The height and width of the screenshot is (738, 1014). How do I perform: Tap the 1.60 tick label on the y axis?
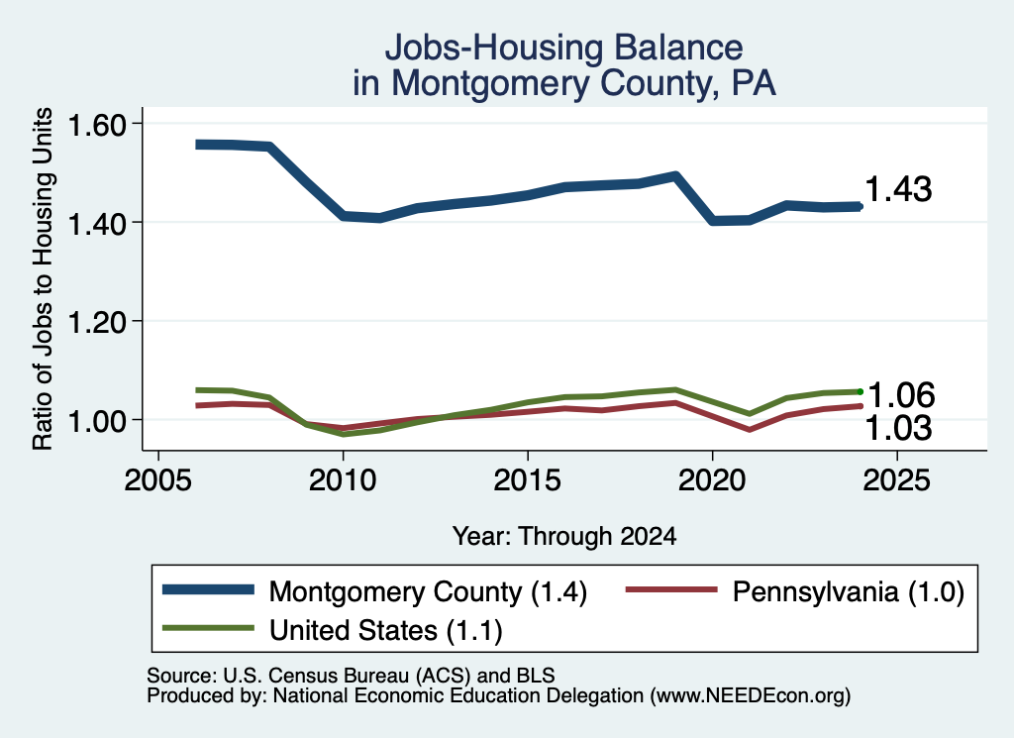[97, 125]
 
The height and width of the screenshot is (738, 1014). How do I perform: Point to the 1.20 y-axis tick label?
[97, 322]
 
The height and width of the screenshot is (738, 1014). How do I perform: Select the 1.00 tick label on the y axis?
[97, 421]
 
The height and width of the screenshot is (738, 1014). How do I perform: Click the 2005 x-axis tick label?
[158, 480]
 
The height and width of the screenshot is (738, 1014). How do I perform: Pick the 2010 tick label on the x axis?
[343, 480]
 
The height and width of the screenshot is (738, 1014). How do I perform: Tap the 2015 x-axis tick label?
[528, 480]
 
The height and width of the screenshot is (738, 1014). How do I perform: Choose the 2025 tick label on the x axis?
[897, 480]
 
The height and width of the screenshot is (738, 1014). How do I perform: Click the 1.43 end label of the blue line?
[898, 189]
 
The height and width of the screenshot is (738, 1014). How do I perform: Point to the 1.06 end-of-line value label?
[901, 395]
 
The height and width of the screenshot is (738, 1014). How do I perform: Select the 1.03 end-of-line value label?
[898, 428]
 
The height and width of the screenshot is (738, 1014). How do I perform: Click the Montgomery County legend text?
[428, 592]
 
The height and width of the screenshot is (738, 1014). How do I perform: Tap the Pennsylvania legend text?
[849, 592]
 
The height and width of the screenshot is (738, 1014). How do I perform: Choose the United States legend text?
[386, 631]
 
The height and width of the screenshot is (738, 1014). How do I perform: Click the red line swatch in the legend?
[672, 589]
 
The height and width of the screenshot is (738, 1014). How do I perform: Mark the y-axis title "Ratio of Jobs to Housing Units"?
[43, 278]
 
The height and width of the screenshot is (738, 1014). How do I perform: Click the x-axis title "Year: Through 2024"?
[564, 536]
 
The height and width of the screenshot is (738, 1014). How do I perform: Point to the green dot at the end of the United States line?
[861, 391]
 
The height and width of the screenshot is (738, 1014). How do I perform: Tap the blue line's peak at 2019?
[675, 175]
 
